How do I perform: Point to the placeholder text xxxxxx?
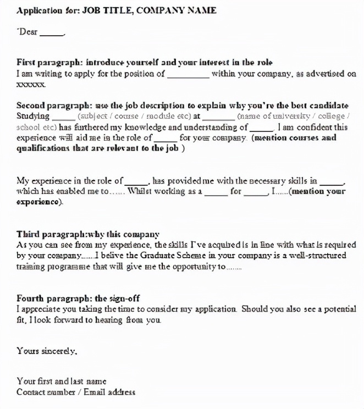[x=31, y=84]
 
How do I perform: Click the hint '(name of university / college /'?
[x=294, y=117]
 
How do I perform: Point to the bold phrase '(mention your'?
[x=317, y=192]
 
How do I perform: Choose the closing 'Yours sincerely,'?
[x=47, y=350]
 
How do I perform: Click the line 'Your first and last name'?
[x=62, y=381]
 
